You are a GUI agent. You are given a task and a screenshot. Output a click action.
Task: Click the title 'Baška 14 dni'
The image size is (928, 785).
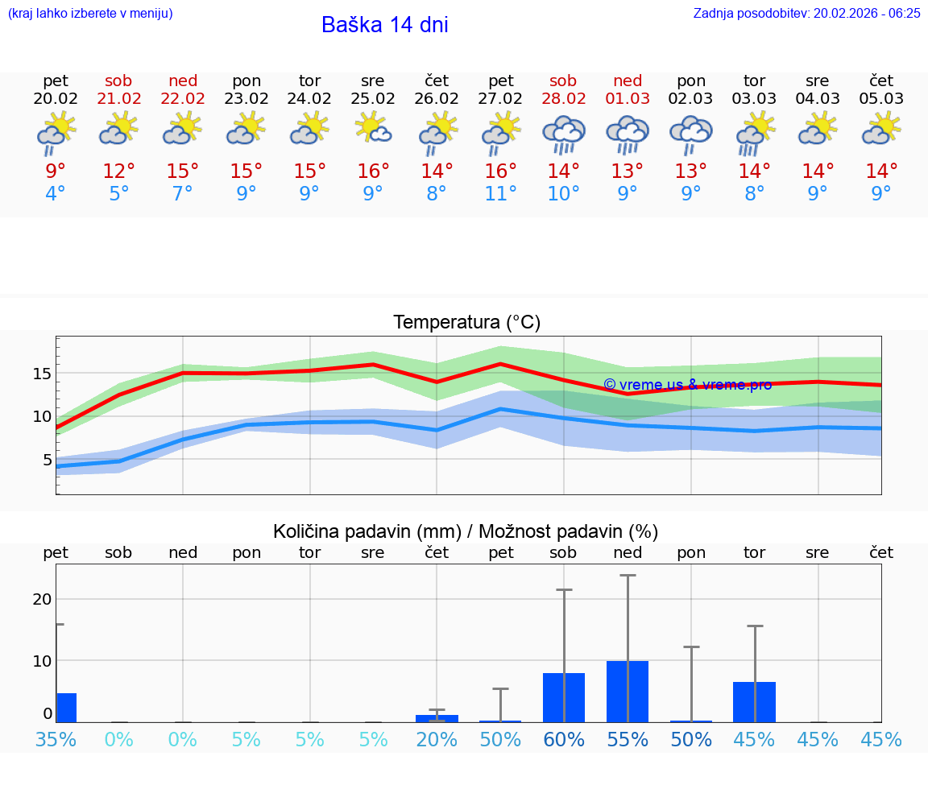[x=384, y=25]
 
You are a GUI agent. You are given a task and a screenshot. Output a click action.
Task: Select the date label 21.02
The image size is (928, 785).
[x=118, y=98]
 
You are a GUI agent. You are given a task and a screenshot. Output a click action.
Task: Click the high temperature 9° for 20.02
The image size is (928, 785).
[x=56, y=171]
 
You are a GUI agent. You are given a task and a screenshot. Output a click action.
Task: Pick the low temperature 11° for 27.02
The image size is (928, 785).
[x=500, y=193]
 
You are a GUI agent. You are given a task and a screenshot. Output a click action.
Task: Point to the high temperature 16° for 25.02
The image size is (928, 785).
[x=373, y=171]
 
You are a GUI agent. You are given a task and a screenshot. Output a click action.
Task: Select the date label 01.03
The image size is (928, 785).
[x=628, y=98]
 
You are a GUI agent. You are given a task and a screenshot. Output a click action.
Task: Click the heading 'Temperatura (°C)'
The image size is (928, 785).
[x=466, y=322]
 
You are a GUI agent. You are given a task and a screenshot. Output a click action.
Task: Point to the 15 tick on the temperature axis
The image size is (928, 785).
[x=42, y=374]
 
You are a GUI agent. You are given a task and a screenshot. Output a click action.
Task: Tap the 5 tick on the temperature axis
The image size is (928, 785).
[x=47, y=460]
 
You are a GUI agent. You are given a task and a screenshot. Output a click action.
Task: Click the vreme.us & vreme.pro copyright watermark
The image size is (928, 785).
[x=687, y=384]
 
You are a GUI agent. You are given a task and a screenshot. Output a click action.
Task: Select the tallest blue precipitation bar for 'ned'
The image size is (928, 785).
[x=628, y=691]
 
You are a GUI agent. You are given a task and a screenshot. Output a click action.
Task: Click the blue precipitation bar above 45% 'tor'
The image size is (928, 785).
[x=754, y=701]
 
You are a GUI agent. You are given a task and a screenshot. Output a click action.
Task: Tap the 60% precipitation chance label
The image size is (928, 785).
[x=564, y=739]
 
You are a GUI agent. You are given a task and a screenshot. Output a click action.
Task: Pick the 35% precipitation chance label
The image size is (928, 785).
[x=56, y=739]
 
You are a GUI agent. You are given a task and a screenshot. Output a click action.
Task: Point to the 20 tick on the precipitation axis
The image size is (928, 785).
[x=42, y=599]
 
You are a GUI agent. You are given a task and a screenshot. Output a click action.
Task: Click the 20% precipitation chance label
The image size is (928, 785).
[x=436, y=739]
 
